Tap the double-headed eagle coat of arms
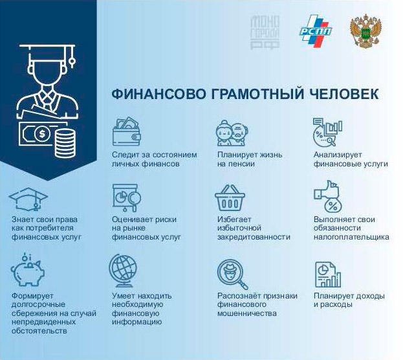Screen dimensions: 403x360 point(365,31)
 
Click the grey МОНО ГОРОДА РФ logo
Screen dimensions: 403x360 point(265,32)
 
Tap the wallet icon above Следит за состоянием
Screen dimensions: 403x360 point(127,131)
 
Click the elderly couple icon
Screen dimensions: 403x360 point(232,133)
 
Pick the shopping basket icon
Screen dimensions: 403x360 point(230,197)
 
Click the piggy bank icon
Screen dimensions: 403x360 point(28,270)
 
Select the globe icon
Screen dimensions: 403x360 point(123,271)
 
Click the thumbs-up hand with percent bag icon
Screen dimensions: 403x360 point(327,196)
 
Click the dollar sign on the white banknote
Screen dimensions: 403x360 point(41,133)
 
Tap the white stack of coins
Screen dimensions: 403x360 point(65,143)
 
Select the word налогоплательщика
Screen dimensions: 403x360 point(351,237)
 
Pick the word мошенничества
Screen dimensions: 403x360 point(247,313)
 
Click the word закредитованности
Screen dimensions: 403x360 point(254,237)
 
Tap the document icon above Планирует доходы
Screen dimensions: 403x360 point(328,275)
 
